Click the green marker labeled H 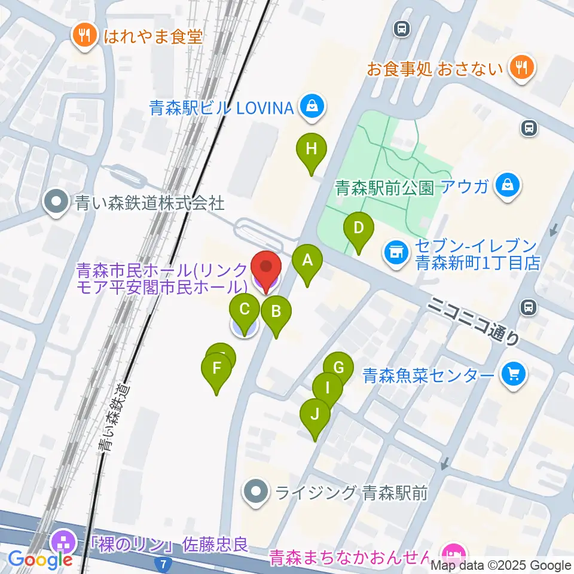coord(311,149)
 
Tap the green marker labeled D coord(358,228)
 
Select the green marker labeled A coord(307,261)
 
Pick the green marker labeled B coord(276,312)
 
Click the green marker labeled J coord(315,414)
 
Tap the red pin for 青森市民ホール coord(265,268)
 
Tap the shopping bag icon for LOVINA coord(312,108)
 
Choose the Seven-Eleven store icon coord(395,251)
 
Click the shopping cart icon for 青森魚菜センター coord(513,375)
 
